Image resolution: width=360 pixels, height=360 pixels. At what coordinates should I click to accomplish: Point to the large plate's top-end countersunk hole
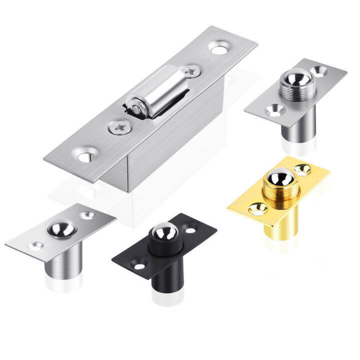[217, 48]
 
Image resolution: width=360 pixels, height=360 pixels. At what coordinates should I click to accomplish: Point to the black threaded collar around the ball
[163, 245]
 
